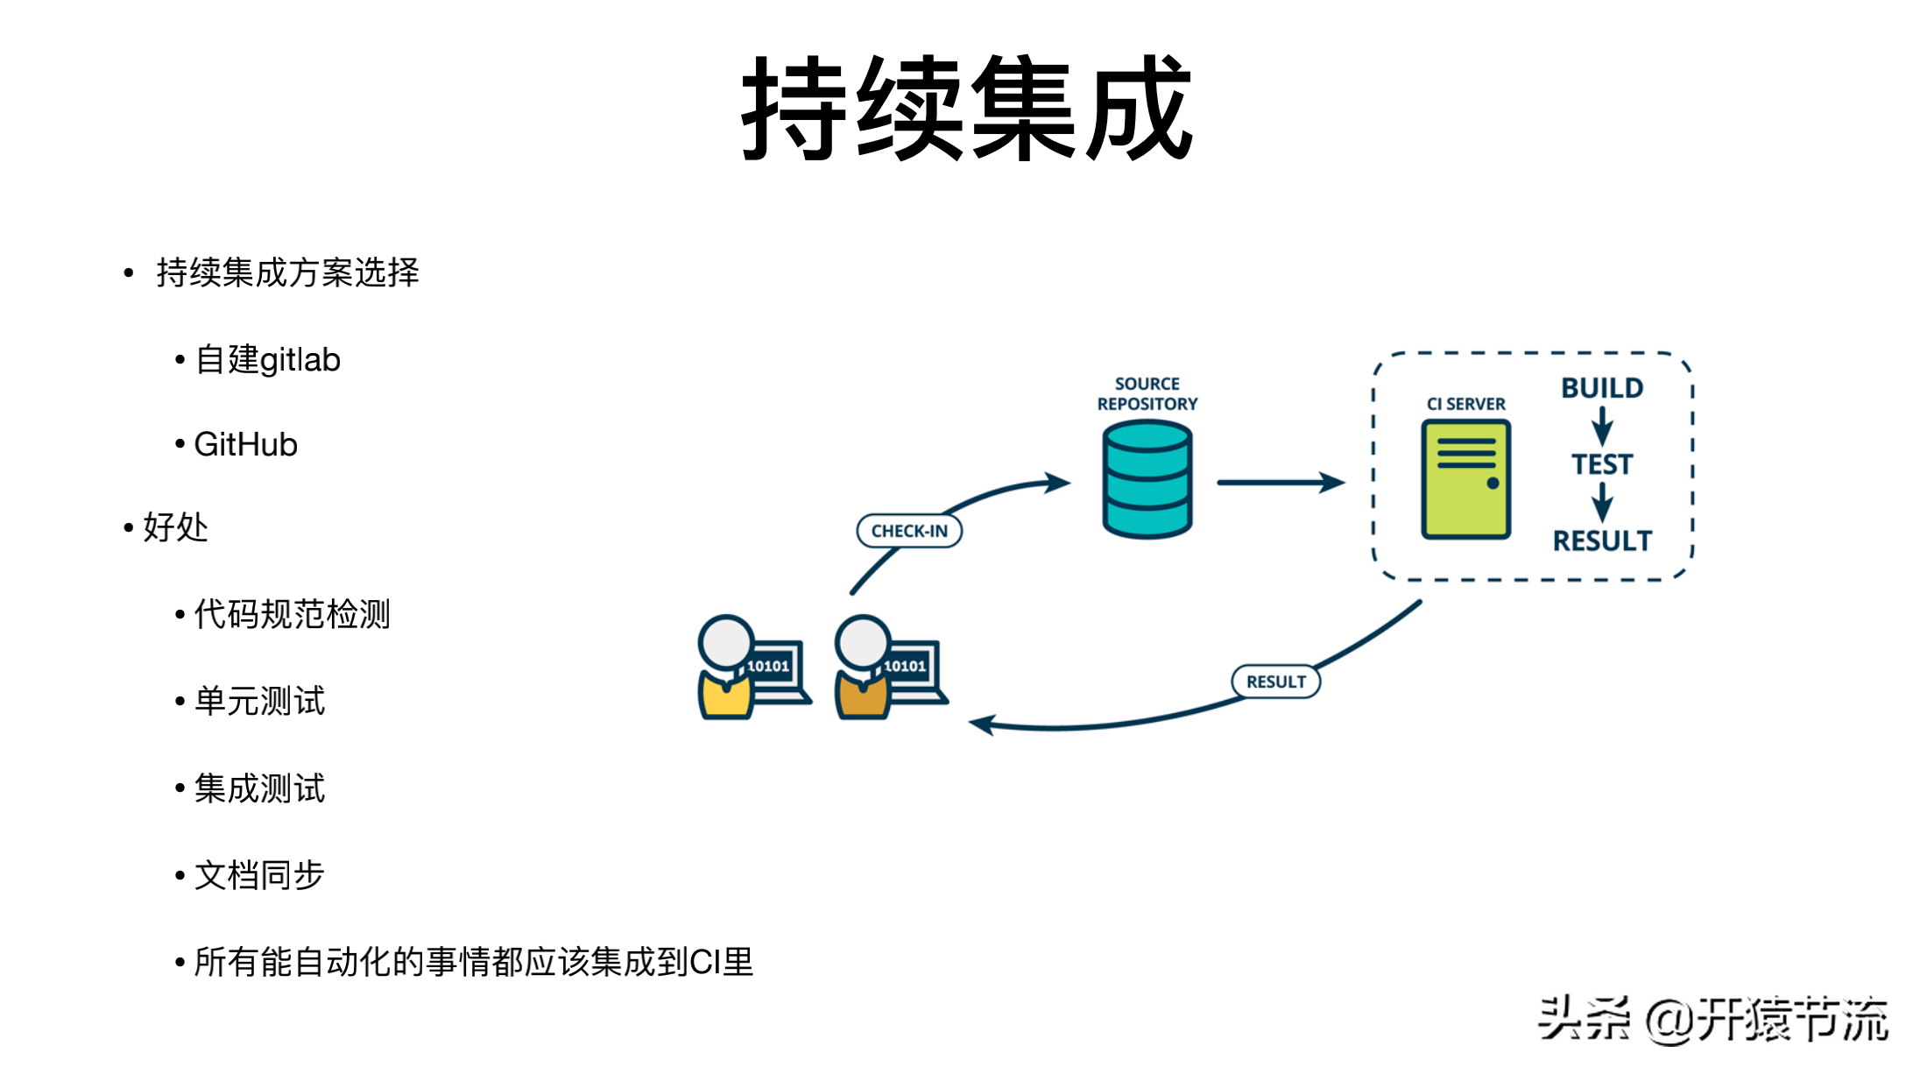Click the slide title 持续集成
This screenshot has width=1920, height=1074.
coord(967,109)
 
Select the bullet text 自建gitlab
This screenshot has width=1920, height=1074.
coord(267,360)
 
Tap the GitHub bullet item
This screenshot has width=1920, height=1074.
coord(245,445)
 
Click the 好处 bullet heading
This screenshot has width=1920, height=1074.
coord(175,527)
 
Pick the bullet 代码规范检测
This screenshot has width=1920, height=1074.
coord(292,614)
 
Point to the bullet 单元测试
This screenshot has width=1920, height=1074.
coord(259,701)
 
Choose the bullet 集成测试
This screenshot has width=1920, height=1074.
coord(259,788)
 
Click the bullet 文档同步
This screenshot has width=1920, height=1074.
coord(259,875)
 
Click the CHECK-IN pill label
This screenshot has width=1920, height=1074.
coord(909,531)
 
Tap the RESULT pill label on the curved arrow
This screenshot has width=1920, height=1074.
coord(1275,682)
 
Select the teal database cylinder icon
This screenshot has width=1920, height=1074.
coord(1147,479)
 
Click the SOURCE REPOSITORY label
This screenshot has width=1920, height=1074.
coord(1147,394)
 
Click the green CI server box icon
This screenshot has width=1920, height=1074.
coord(1465,479)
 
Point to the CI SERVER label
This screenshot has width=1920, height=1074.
coord(1465,404)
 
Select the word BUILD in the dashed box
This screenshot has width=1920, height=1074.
coord(1602,388)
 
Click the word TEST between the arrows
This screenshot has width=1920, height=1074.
coord(1602,464)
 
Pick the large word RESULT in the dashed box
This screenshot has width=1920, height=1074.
coord(1602,541)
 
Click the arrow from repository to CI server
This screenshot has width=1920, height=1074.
coord(1280,482)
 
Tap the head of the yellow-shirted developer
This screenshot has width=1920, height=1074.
coord(725,642)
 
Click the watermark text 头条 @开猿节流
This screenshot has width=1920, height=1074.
coord(1712,1020)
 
